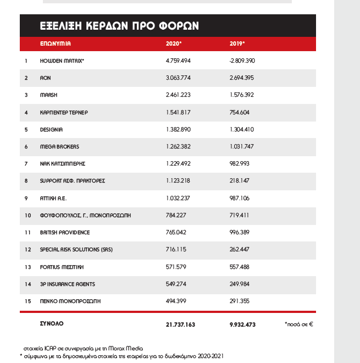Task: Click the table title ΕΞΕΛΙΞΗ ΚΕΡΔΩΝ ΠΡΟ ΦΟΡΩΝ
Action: [119, 26]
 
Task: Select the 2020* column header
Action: [174, 43]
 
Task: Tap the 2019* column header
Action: [237, 43]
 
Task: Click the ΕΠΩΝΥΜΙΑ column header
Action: [56, 43]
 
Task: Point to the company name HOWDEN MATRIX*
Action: [62, 61]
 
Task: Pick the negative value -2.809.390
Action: [242, 61]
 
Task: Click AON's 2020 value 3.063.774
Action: [178, 78]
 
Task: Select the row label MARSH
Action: [49, 95]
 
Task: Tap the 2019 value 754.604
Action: [239, 112]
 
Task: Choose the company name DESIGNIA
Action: [52, 130]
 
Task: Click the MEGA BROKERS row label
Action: [59, 147]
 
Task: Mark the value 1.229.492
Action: [178, 164]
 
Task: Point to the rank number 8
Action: [26, 181]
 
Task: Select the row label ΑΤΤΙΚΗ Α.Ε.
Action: [53, 198]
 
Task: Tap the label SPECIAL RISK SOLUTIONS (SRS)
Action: [76, 250]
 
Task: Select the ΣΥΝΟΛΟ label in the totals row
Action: [52, 324]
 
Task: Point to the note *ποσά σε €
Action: [298, 324]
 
